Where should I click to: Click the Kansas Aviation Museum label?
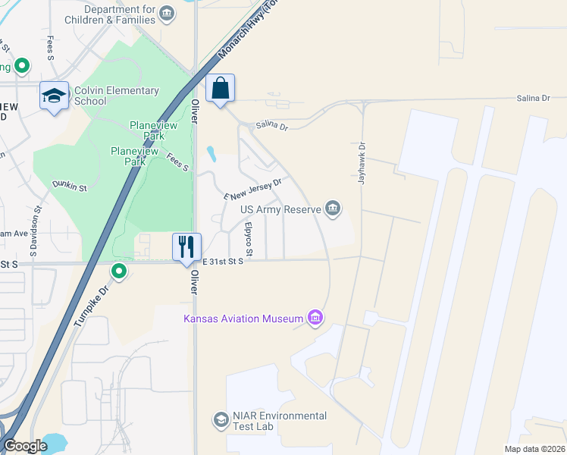coord(243,318)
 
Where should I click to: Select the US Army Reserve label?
coord(281,209)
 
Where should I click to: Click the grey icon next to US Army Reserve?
coord(332,208)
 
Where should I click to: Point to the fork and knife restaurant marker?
coord(186,246)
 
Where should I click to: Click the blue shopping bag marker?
coord(220,88)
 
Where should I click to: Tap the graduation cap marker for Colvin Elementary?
coord(54,96)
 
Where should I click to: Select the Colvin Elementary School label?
coord(117,96)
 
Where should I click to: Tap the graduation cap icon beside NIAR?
coord(221,420)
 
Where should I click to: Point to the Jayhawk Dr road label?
coord(362,165)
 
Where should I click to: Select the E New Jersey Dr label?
coord(252,189)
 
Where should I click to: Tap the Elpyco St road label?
coord(248,239)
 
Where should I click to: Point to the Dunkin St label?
coord(70,184)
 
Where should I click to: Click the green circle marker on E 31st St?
coord(119,271)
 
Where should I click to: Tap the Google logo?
coord(26,446)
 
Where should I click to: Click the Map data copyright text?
coord(534,449)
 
